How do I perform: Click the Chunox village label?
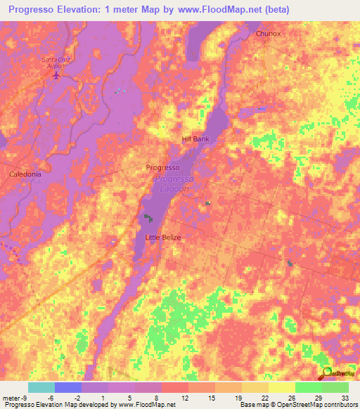click(268, 33)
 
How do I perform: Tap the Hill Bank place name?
click(196, 139)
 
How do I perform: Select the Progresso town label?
click(163, 168)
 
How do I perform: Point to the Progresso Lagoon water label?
click(172, 184)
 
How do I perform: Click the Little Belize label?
click(163, 238)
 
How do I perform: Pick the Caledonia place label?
click(25, 174)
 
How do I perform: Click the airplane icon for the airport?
click(56, 74)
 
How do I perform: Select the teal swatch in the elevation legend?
click(41, 387)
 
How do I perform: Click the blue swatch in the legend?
click(68, 387)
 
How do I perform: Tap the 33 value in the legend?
click(344, 398)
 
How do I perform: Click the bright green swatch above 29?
click(309, 387)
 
